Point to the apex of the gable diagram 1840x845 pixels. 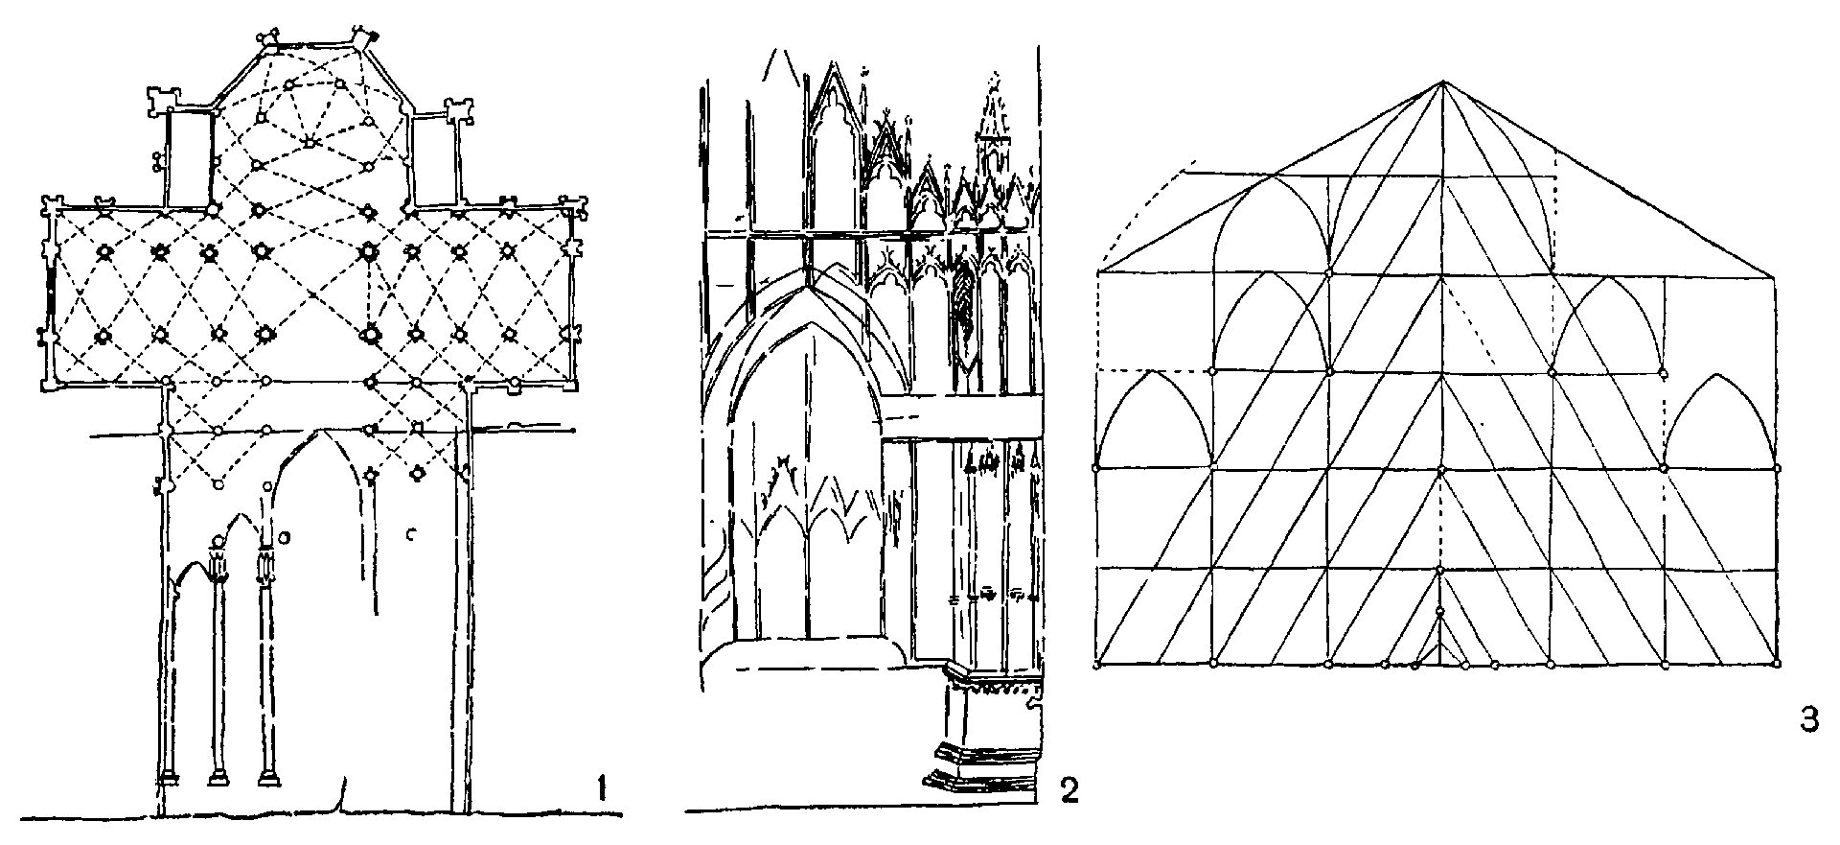[1441, 82]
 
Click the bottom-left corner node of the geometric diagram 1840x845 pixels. [1096, 664]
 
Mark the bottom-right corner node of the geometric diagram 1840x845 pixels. [1778, 664]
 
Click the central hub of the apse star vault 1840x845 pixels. [310, 143]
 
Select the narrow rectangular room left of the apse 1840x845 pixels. [189, 158]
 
